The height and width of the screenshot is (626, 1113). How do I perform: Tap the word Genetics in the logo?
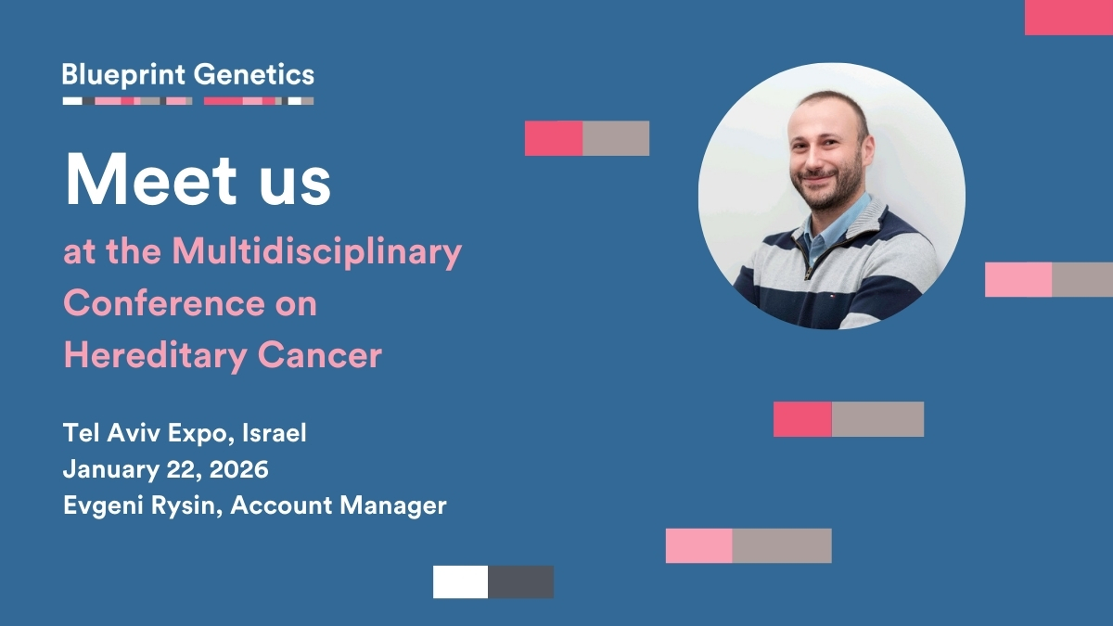(x=254, y=74)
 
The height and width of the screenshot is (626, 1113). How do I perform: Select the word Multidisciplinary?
(x=317, y=253)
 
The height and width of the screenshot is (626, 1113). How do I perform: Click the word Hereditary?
(x=156, y=356)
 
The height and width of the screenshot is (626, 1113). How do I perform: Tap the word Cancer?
(x=319, y=355)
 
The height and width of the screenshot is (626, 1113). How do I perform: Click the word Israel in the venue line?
(x=274, y=433)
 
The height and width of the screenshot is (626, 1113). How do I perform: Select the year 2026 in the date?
(x=239, y=469)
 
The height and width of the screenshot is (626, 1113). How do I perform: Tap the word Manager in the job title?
(x=393, y=506)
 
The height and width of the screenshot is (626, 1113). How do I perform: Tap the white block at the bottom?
(x=460, y=581)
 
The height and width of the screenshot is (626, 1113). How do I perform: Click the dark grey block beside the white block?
(x=520, y=581)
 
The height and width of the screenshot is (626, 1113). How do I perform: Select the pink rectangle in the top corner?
(x=1068, y=18)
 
